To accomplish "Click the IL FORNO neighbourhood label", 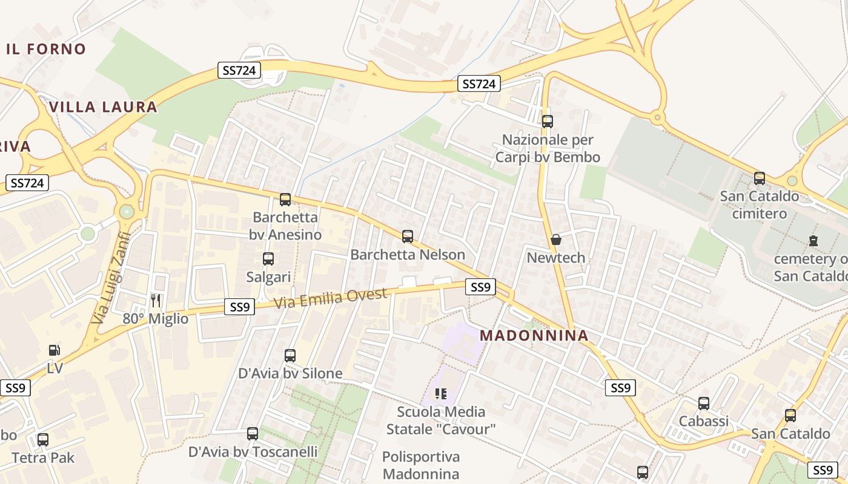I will tap(46, 49).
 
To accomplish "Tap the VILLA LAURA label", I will tap(103, 107).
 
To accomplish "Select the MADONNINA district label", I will tap(534, 335).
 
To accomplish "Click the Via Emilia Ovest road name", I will tap(330, 298).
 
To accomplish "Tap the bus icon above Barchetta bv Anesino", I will tap(285, 199).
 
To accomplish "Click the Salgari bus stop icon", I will tap(268, 259).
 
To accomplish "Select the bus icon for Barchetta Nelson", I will tap(408, 236).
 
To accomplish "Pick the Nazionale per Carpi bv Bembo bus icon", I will tap(548, 121).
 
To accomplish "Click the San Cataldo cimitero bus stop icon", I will tap(760, 178).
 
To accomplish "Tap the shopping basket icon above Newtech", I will tap(556, 240).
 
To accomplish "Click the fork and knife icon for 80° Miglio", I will tap(156, 300).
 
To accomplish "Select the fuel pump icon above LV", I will tap(55, 350).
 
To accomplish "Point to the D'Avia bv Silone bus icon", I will tap(290, 355).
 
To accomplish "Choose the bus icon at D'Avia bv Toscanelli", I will tap(253, 433).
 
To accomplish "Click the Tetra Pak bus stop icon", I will tap(43, 439).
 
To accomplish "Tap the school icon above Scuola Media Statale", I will tap(441, 394).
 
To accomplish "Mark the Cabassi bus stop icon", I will tap(703, 403).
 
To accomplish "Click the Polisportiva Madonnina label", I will tap(421, 465).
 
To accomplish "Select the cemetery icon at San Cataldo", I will tap(813, 241).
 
